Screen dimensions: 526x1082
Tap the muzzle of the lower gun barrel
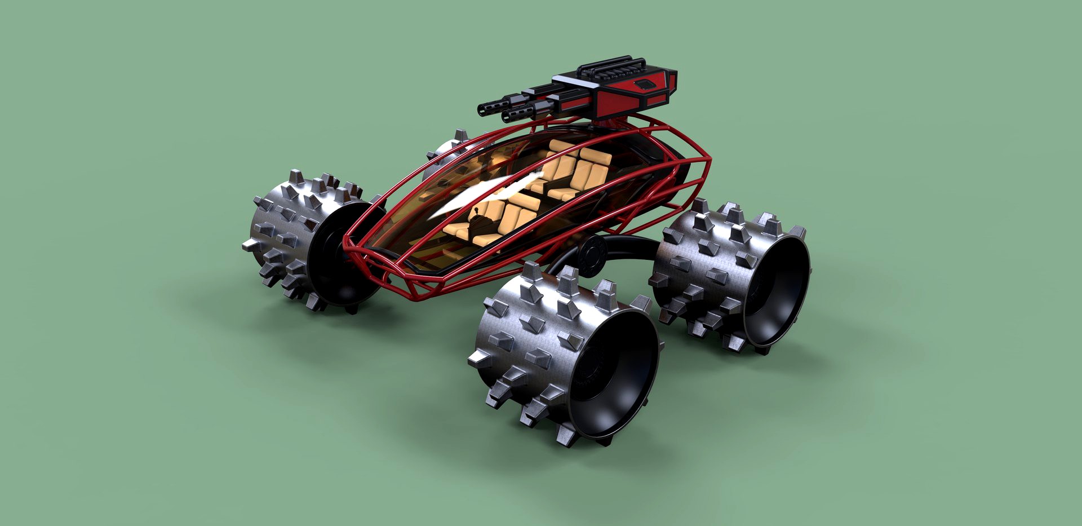point(505,117)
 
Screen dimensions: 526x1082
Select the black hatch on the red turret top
point(644,85)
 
